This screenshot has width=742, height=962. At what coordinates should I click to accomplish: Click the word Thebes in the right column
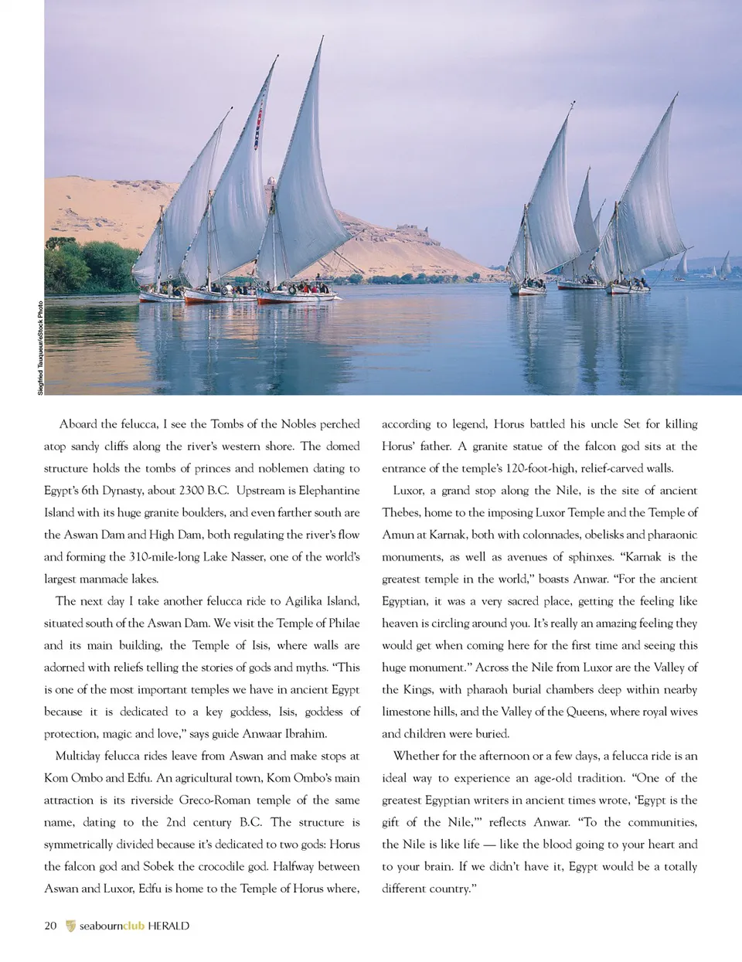click(401, 513)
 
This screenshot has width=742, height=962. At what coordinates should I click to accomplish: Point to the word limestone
click(407, 712)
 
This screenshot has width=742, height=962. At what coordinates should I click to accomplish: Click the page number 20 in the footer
click(50, 926)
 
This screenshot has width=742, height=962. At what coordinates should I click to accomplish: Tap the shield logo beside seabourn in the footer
click(71, 926)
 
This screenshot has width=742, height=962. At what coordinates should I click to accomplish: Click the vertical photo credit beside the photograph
click(40, 348)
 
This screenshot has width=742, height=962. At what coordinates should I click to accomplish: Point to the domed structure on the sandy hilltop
click(271, 182)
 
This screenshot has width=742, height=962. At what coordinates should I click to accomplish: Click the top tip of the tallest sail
click(320, 38)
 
